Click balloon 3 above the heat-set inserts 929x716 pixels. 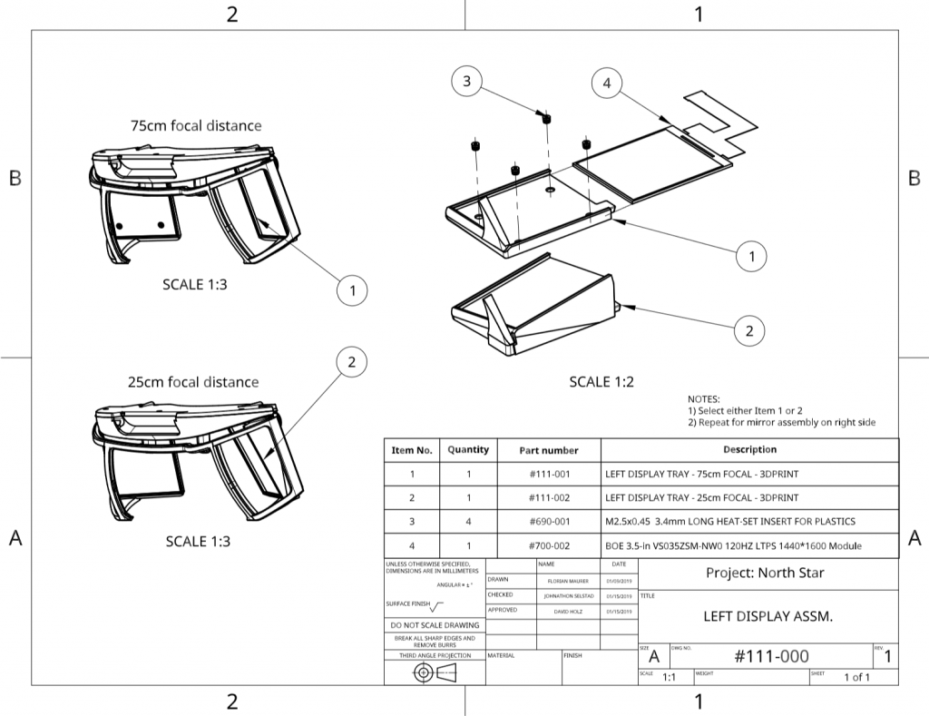click(x=466, y=82)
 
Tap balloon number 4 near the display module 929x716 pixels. click(x=607, y=83)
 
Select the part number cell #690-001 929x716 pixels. click(x=549, y=522)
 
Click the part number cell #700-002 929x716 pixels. click(x=549, y=545)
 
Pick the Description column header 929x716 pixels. click(x=749, y=449)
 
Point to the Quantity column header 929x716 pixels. click(x=468, y=449)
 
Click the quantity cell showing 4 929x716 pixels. click(x=468, y=522)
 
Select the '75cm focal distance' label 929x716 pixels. click(x=196, y=125)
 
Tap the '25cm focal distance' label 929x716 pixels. click(x=193, y=382)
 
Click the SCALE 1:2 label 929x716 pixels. click(x=601, y=382)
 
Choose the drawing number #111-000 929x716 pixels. click(x=771, y=656)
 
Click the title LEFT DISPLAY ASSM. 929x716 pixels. click(x=768, y=616)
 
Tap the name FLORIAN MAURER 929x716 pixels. click(x=568, y=580)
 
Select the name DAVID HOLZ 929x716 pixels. click(x=568, y=612)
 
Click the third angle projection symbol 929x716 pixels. click(x=435, y=672)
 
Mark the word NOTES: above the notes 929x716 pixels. click(x=703, y=399)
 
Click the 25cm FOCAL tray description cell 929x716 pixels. click(x=701, y=497)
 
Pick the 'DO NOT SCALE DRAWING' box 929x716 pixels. click(x=435, y=625)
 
